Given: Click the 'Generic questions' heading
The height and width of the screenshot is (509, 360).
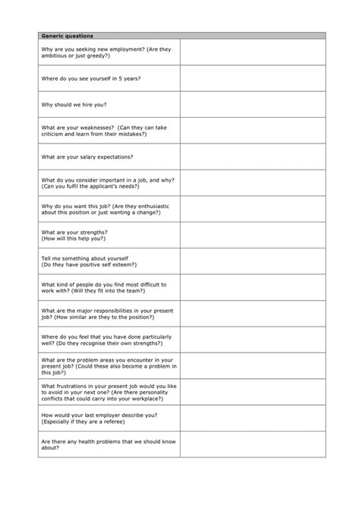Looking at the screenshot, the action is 68,35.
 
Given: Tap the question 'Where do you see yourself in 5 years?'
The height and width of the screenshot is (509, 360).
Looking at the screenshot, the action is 90,78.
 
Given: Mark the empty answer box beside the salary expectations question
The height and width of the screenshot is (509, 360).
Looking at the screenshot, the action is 252,156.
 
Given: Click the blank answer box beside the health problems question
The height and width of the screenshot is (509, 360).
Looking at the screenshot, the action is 252,444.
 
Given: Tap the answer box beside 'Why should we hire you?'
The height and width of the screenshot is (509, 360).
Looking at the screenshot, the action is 252,104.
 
